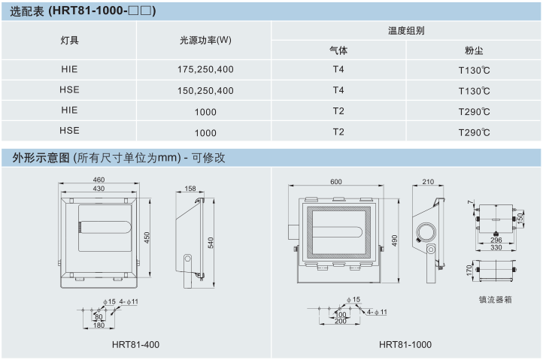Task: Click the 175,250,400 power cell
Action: click(205, 69)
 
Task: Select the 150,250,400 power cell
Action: click(205, 90)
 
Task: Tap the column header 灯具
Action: click(69, 41)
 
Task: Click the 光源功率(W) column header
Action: click(205, 41)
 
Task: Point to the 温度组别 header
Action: click(406, 31)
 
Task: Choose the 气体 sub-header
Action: click(338, 51)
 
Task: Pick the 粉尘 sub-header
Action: click(474, 51)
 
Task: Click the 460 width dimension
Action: click(99, 180)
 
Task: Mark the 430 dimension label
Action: click(99, 189)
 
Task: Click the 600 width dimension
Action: click(335, 181)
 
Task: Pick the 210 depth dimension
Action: click(429, 182)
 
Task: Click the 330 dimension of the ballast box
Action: click(496, 247)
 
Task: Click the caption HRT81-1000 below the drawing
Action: click(405, 344)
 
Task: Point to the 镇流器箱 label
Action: click(496, 298)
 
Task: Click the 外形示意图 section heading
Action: click(41, 158)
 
